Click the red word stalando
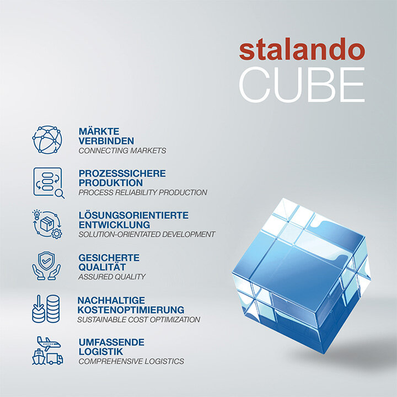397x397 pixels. pyautogui.click(x=302, y=51)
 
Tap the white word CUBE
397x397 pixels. pyautogui.click(x=302, y=85)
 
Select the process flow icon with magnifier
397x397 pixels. pyautogui.click(x=48, y=182)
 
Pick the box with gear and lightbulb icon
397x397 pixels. pyautogui.click(x=47, y=223)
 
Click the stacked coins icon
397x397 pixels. pyautogui.click(x=46, y=309)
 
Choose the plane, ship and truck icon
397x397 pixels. pyautogui.click(x=48, y=351)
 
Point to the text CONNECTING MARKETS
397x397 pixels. pyautogui.click(x=122, y=151)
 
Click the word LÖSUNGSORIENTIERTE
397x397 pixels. pyautogui.click(x=133, y=215)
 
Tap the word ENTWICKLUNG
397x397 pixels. pyautogui.click(x=114, y=224)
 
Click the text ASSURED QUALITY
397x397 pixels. pyautogui.click(x=112, y=277)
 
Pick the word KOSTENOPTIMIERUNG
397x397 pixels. pyautogui.click(x=131, y=310)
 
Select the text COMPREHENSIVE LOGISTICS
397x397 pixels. pyautogui.click(x=131, y=362)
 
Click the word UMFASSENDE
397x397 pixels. pyautogui.click(x=111, y=342)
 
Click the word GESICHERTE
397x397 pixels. pyautogui.click(x=109, y=257)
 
